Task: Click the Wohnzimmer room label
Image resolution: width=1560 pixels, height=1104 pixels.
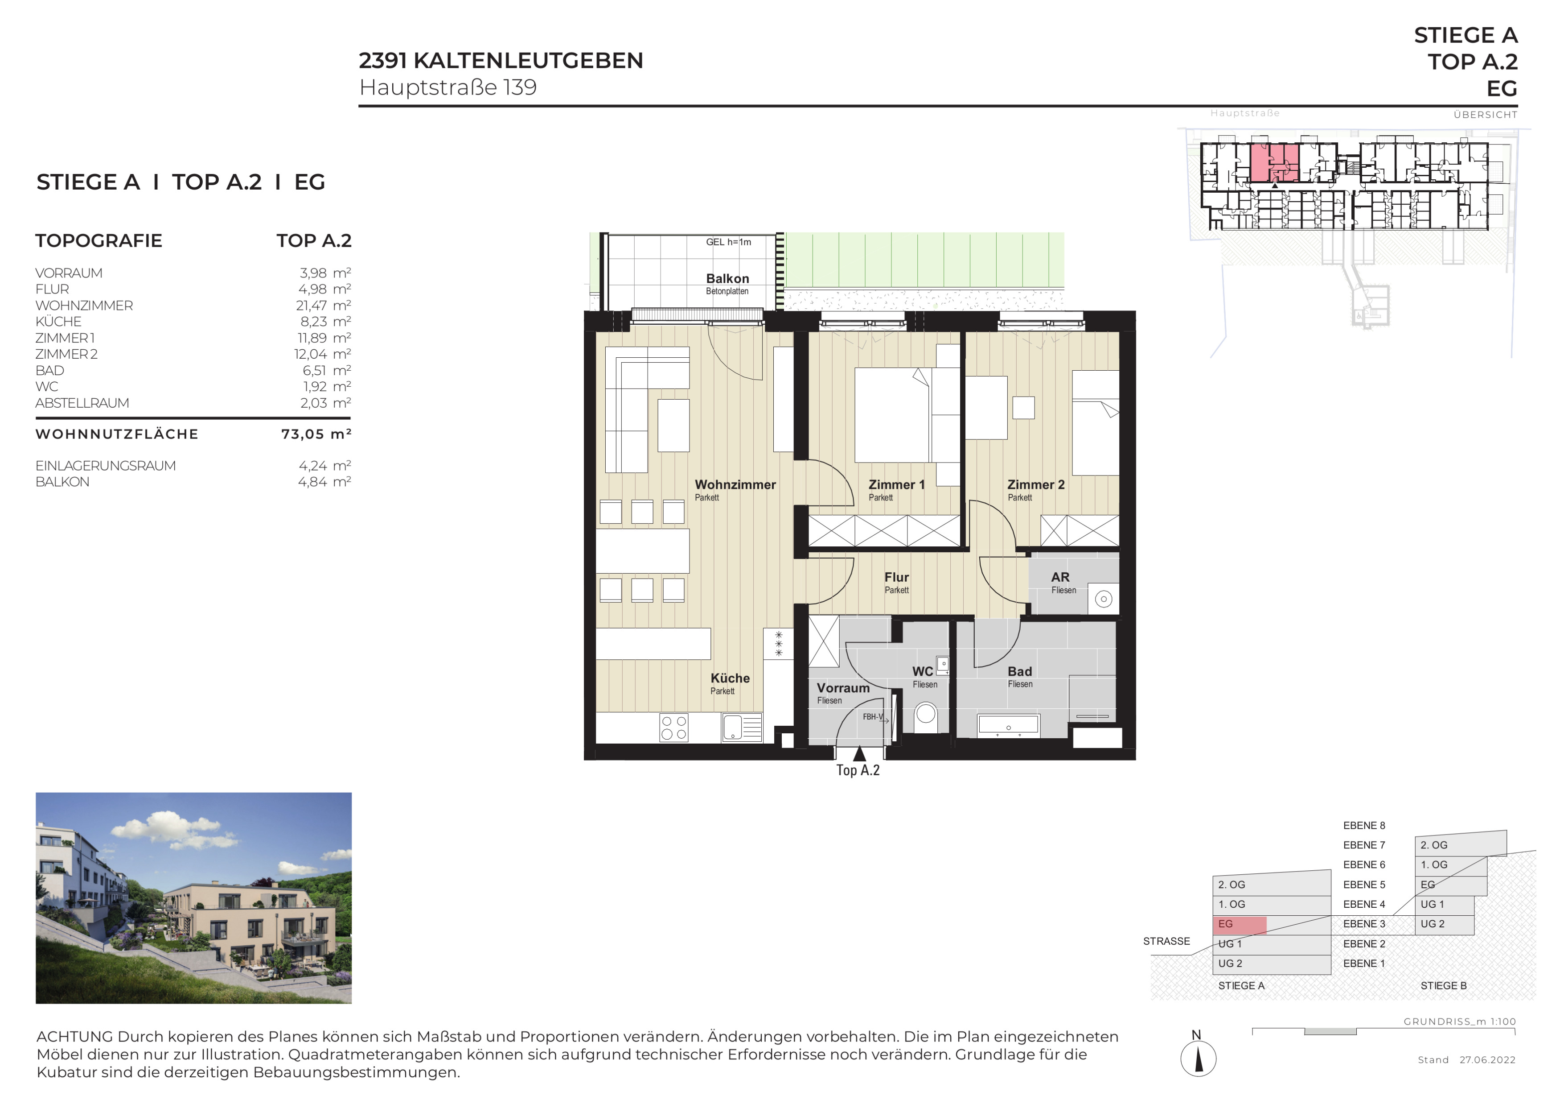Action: (735, 485)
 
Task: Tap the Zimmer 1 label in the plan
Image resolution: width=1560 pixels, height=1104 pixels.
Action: (896, 485)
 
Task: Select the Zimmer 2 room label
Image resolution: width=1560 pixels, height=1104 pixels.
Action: (1035, 485)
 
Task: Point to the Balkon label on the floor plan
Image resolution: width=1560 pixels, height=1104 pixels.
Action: (727, 279)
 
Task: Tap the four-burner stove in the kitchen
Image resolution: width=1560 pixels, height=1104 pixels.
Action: (674, 728)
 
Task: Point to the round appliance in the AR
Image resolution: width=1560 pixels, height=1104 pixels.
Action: (1104, 599)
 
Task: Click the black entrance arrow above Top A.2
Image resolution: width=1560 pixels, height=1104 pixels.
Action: (859, 753)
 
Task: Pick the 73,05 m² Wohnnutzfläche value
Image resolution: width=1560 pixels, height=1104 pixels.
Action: (316, 434)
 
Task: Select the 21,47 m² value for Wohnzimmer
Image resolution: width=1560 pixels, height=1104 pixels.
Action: (324, 305)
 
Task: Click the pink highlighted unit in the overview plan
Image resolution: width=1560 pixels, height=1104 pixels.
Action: (1275, 163)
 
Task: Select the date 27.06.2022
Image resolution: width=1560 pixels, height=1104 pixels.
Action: (1487, 1060)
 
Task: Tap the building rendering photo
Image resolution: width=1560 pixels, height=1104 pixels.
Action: (193, 898)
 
